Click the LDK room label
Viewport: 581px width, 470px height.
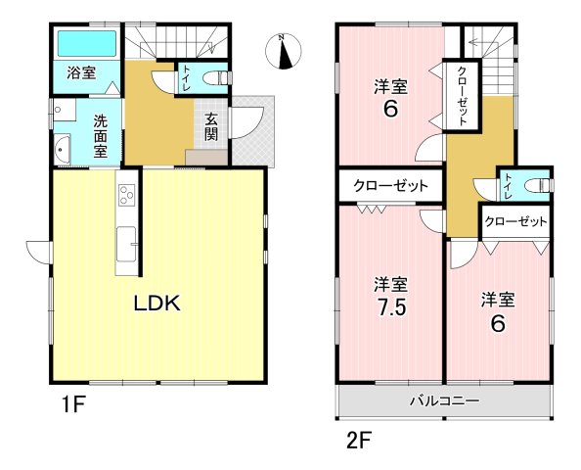tap(156, 304)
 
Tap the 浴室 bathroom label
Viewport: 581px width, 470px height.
tap(81, 73)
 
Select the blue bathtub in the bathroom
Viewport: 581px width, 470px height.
tap(87, 43)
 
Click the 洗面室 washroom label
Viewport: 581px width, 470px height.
tap(100, 136)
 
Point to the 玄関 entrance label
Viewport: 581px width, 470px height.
tap(211, 127)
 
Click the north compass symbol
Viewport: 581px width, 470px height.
tap(284, 51)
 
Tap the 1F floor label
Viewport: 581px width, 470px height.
tap(73, 404)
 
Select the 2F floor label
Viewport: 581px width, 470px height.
tap(359, 441)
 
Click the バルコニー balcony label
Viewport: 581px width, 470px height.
tap(445, 401)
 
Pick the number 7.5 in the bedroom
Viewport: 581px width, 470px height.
tap(390, 306)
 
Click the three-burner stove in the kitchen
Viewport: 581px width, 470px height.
tap(126, 195)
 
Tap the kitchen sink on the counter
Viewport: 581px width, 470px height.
tap(126, 245)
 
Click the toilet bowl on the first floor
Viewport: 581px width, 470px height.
tap(215, 78)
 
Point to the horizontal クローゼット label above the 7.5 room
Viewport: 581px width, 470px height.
tap(391, 185)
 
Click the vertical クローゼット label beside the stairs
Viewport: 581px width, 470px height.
tap(462, 95)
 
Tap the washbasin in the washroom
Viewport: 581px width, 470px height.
tap(62, 150)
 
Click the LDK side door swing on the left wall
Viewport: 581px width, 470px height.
tap(38, 253)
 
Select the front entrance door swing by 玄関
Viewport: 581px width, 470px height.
tap(247, 122)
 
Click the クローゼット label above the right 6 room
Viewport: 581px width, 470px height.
tap(515, 222)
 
